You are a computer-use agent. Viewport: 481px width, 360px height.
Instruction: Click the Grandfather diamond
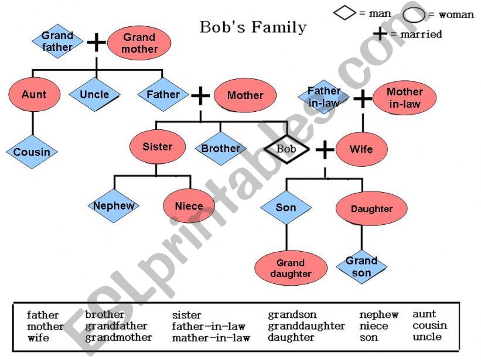click(57, 41)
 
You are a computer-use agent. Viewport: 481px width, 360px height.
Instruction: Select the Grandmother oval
click(139, 43)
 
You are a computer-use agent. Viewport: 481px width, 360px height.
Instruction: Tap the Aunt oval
click(34, 95)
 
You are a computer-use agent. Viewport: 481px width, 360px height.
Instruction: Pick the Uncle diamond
click(94, 95)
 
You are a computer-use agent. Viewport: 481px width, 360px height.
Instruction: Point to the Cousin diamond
click(32, 152)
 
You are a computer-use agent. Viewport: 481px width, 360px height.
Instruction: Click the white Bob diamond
click(286, 149)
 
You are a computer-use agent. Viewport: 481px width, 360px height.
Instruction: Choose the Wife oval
click(361, 149)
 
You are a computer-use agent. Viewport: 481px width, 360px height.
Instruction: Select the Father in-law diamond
click(324, 97)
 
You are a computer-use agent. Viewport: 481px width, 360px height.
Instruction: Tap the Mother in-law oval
click(404, 98)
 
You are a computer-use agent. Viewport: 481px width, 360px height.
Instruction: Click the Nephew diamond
click(114, 205)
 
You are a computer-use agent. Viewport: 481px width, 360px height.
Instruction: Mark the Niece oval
click(189, 206)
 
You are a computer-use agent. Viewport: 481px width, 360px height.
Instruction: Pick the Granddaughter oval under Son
click(291, 268)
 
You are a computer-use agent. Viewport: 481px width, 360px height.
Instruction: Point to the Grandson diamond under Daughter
click(361, 267)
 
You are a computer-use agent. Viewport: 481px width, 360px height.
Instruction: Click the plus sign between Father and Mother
click(200, 95)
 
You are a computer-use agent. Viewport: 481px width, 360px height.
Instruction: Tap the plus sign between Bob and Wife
click(325, 150)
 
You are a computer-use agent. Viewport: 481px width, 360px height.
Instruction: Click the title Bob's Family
click(253, 27)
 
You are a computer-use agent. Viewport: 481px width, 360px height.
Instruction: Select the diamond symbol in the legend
click(344, 13)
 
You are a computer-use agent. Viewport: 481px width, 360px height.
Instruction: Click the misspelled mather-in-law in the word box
click(211, 338)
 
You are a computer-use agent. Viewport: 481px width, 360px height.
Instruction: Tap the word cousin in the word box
click(429, 325)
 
